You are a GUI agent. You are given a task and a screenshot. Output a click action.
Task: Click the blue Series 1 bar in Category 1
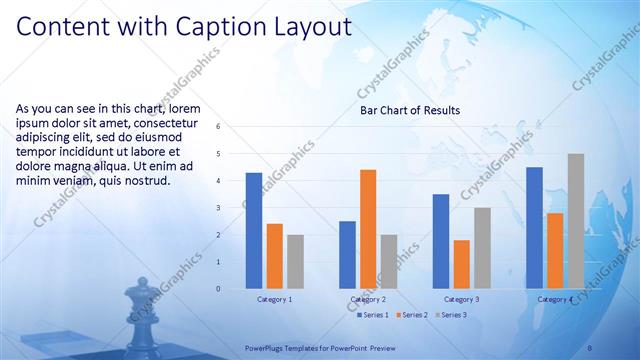pos(254,231)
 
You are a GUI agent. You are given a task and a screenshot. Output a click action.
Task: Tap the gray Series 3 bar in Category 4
pos(576,221)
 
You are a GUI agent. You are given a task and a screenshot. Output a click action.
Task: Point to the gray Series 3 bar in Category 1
pos(295,262)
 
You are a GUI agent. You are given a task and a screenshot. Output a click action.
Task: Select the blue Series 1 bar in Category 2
pos(347,255)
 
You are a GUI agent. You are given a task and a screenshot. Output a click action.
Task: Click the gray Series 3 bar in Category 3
pos(482,248)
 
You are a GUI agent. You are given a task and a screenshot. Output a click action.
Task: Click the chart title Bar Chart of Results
pos(410,111)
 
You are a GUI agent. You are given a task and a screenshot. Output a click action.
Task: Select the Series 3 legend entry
pos(452,316)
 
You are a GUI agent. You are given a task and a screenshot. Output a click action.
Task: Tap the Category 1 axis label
pos(274,299)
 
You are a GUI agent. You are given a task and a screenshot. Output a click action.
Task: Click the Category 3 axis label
pos(461,299)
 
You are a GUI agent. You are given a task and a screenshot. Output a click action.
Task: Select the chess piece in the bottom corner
pos(136,318)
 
